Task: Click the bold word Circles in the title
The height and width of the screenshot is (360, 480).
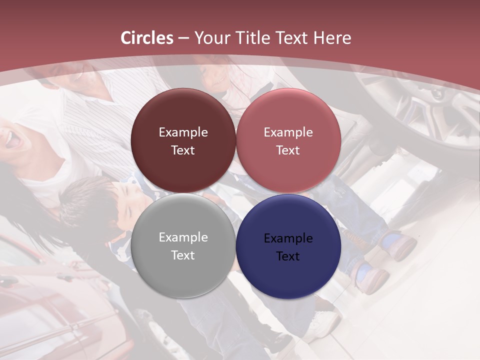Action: (147, 38)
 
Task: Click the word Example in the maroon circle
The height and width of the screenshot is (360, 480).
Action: (183, 132)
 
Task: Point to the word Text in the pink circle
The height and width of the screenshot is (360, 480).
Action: (288, 150)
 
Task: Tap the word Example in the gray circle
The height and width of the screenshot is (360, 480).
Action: (183, 237)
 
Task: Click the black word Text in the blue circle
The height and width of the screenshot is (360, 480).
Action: (288, 256)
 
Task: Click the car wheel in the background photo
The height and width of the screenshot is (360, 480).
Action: (425, 105)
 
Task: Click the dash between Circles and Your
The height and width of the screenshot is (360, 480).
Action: (183, 38)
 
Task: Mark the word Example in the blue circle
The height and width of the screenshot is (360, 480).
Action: (288, 238)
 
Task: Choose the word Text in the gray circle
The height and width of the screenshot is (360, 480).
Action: (183, 255)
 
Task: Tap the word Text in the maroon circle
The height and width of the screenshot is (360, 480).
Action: (183, 150)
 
